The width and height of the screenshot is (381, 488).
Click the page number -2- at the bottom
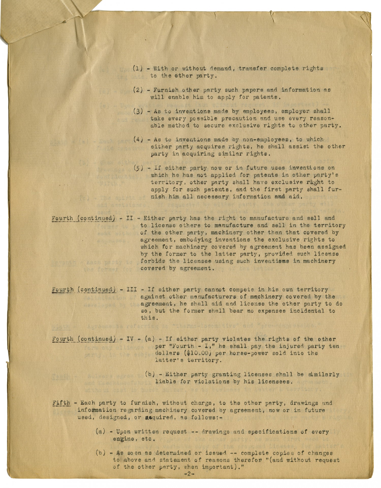pos(188,474)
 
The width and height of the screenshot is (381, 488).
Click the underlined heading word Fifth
pos(61,403)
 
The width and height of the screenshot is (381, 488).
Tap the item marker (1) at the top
pos(138,69)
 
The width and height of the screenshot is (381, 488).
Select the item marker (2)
pos(138,90)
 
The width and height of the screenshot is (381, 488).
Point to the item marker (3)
pos(138,111)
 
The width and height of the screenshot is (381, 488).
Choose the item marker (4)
pos(138,139)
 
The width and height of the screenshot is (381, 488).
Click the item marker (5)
pos(138,168)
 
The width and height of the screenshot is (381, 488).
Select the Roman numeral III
pos(132,290)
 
